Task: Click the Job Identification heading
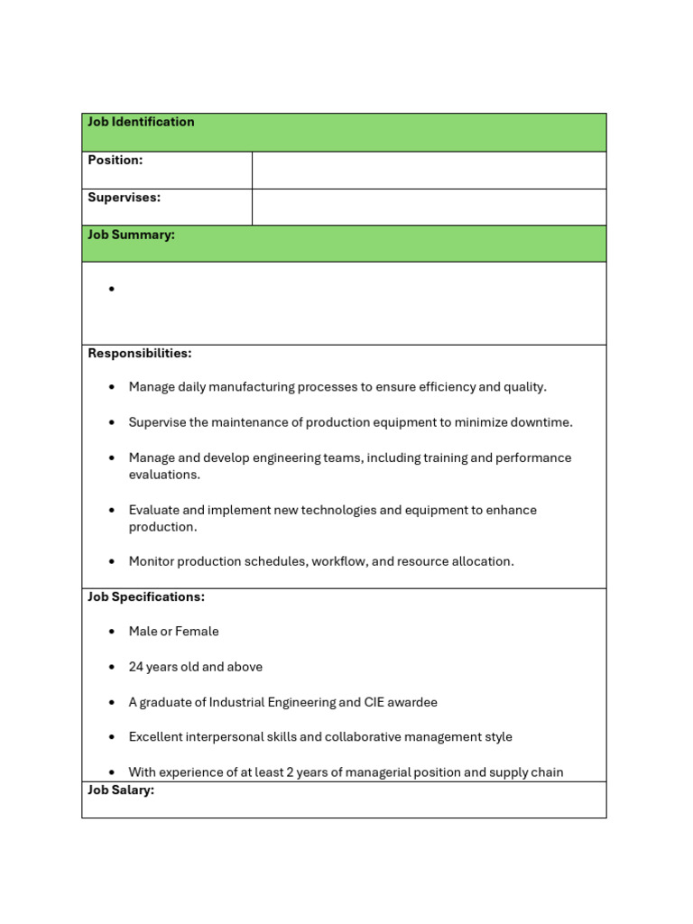tap(141, 122)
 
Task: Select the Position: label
tap(115, 160)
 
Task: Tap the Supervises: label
tap(124, 197)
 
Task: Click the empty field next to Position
tap(429, 170)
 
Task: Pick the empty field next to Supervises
tap(429, 207)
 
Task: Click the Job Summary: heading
tap(131, 235)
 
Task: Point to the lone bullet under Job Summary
tap(112, 290)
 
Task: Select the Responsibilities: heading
tap(139, 353)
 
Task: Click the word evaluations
tap(164, 475)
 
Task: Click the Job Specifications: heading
tap(146, 596)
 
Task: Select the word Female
tap(198, 632)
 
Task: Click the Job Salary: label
tap(121, 790)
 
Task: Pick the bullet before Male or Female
tap(112, 632)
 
